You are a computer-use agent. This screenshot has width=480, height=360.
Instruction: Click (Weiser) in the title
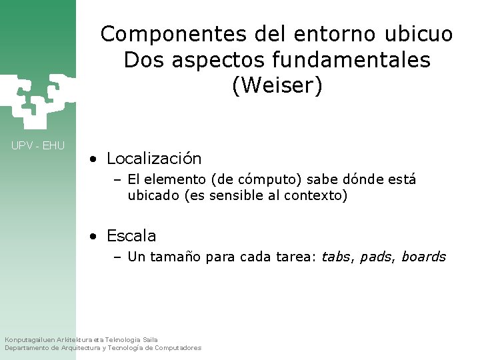tap(277, 86)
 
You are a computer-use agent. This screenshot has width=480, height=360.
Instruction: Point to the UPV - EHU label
tap(38, 145)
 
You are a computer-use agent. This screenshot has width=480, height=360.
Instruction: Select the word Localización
tap(154, 159)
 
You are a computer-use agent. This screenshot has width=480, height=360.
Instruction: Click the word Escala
tap(131, 236)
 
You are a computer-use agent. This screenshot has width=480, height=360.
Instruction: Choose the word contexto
tap(315, 196)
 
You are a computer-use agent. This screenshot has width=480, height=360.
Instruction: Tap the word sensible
tap(238, 196)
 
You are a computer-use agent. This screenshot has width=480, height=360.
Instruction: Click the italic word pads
tap(376, 257)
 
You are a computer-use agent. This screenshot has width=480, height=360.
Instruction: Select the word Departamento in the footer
tap(31, 348)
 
